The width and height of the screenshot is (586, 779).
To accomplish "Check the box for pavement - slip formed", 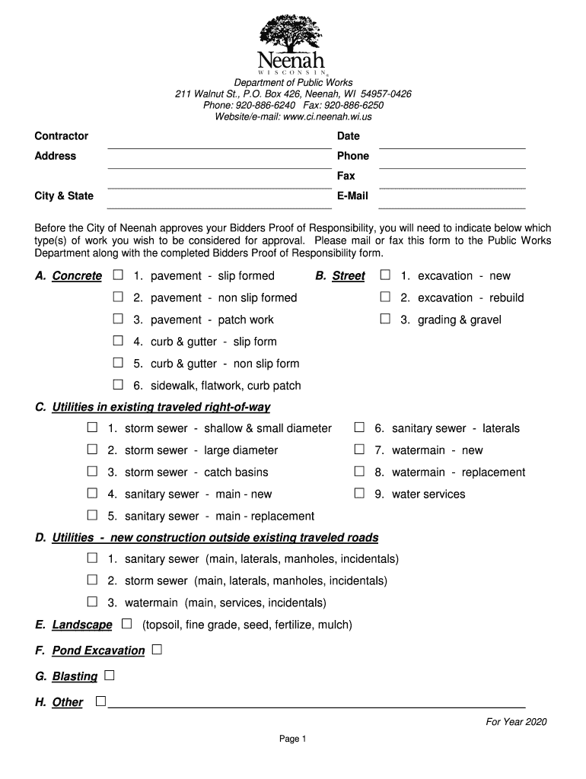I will coord(118,275).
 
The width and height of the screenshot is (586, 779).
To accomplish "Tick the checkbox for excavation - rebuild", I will coord(385,297).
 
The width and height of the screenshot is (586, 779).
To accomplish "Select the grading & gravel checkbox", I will coord(385,319).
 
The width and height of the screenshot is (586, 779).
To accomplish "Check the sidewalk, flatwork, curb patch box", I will coord(118,385).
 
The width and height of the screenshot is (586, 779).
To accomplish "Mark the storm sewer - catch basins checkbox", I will coord(92,472).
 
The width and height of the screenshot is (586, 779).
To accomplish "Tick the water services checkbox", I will coord(359,494).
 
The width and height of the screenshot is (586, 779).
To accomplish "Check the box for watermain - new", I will coord(359,450).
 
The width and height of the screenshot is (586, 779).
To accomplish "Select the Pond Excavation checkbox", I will coord(157,650).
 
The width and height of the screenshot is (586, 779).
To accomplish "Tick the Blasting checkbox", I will coord(110,676).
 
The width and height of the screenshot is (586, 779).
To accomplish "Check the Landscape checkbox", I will coord(126,624).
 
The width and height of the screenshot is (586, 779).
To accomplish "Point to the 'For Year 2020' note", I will coord(517,722).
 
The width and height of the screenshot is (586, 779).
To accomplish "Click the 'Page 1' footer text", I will coord(292,739).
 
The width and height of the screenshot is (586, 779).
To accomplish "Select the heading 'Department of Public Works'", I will coord(293,82).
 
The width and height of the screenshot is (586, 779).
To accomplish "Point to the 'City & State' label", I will coord(64,196).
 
